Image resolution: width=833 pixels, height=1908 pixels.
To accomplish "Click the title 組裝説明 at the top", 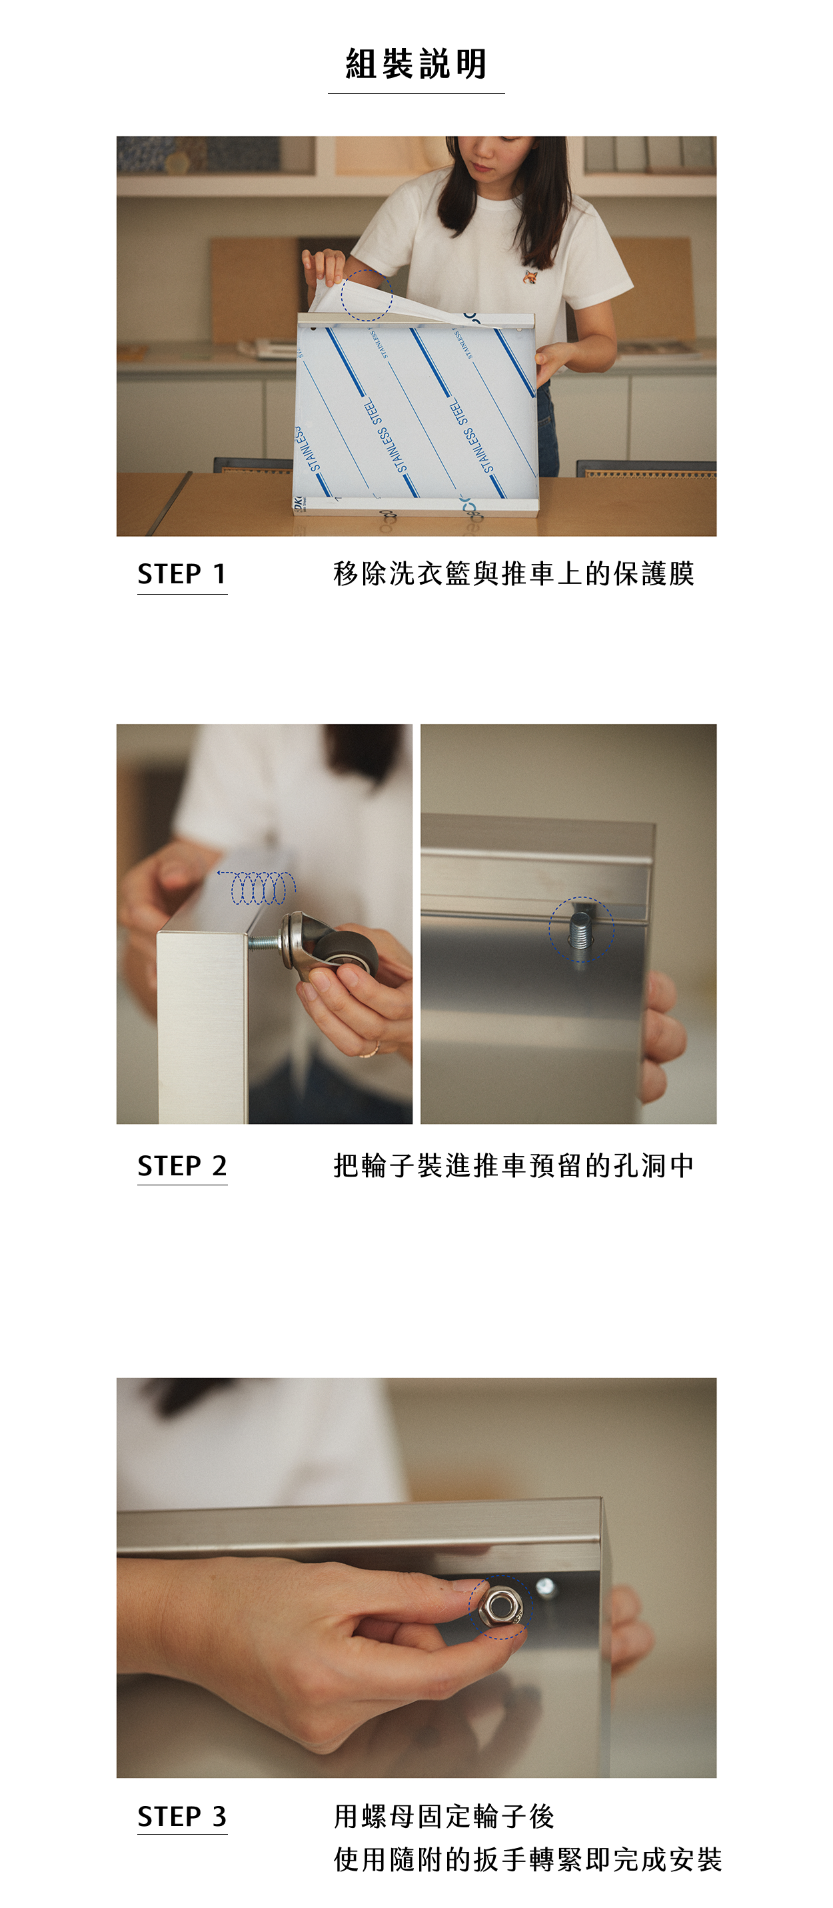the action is tap(416, 64).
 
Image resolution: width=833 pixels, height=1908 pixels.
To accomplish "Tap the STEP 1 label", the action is tap(181, 574).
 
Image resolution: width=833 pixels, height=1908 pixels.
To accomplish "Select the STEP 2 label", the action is tap(181, 1166).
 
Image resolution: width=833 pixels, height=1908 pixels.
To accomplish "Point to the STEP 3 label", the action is tap(181, 1816).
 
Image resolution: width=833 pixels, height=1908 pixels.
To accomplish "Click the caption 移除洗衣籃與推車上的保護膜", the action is tap(513, 574).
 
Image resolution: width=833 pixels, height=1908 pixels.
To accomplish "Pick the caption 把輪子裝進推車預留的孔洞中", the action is tap(513, 1166).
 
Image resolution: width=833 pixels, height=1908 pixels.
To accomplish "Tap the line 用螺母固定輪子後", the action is tap(444, 1816).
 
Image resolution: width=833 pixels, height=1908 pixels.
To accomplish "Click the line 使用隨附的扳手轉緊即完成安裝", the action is tap(527, 1859).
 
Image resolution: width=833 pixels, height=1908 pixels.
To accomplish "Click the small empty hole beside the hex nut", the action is tap(545, 1587).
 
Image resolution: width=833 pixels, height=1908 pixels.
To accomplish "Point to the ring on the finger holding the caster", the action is tap(371, 1049).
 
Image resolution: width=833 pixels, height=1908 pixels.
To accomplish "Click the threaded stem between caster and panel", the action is tap(265, 943).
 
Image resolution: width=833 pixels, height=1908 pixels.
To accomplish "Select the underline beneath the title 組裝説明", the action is tap(416, 93).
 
